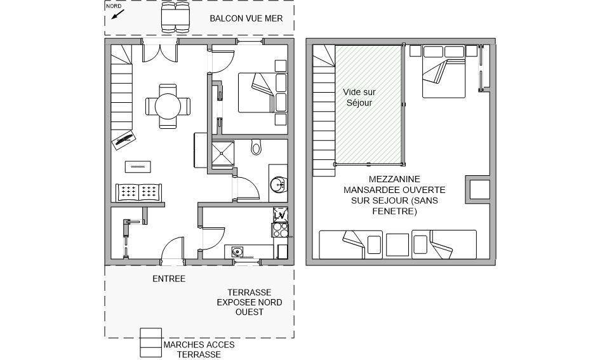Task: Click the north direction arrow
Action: tap(118, 14)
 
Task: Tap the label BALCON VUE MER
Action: tap(246, 18)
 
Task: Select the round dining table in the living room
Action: tap(168, 106)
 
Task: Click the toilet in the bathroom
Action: tap(257, 147)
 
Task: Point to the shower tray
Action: tap(223, 154)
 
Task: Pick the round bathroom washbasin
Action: tap(278, 185)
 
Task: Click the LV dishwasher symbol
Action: tap(280, 215)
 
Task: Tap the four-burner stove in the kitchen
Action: tap(280, 230)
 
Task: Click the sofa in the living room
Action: tap(139, 192)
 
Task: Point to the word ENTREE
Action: tap(169, 279)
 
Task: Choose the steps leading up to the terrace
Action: tap(150, 343)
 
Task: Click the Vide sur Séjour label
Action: tap(359, 97)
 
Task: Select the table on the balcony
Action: tap(175, 17)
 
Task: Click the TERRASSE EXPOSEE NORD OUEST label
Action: tap(250, 302)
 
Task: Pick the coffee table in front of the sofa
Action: tap(138, 167)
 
